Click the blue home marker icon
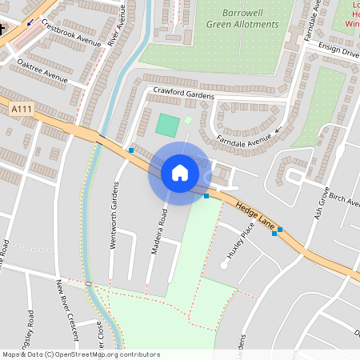pos(179,173)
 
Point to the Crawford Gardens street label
pos(183,93)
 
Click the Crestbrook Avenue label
pos(71,34)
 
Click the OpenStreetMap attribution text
pos(80,354)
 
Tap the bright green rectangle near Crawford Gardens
pos(167,125)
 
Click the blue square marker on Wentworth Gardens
pos(131,150)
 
